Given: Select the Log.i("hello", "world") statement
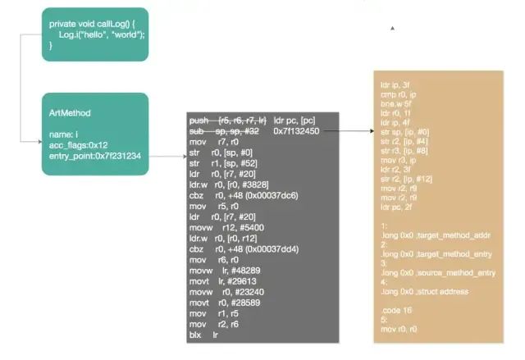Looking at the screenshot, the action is pos(102,34).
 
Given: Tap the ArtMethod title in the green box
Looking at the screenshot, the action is pos(70,112).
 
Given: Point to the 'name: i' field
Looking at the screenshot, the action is pos(65,133).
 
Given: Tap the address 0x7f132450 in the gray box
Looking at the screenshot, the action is pos(296,131).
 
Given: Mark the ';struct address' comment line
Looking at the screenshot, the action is pos(415,291).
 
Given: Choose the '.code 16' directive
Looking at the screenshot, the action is pos(396,309).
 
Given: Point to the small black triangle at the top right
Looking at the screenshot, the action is pos(393,28).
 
